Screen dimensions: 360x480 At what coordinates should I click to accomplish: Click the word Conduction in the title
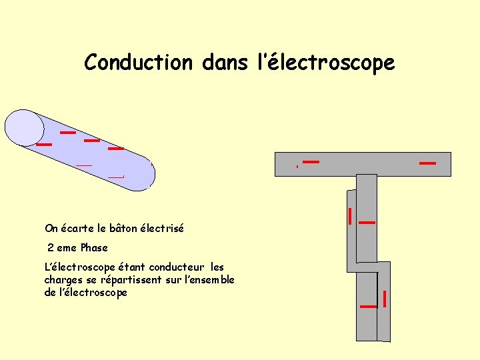pyautogui.click(x=138, y=63)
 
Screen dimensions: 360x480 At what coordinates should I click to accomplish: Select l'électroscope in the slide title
pyautogui.click(x=326, y=63)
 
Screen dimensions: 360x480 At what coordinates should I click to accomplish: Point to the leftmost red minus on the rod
pyautogui.click(x=44, y=144)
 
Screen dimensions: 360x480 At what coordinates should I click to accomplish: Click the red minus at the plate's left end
pyautogui.click(x=311, y=161)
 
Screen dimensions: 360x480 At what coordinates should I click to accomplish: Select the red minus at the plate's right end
pyautogui.click(x=427, y=163)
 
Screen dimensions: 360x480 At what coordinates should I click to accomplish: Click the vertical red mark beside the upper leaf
pyautogui.click(x=350, y=215)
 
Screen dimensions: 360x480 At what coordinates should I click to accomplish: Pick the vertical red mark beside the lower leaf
pyautogui.click(x=385, y=298)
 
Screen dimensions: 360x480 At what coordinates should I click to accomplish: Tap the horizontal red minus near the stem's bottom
pyautogui.click(x=368, y=306)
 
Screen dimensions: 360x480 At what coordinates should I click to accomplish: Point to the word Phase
pyautogui.click(x=93, y=247)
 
